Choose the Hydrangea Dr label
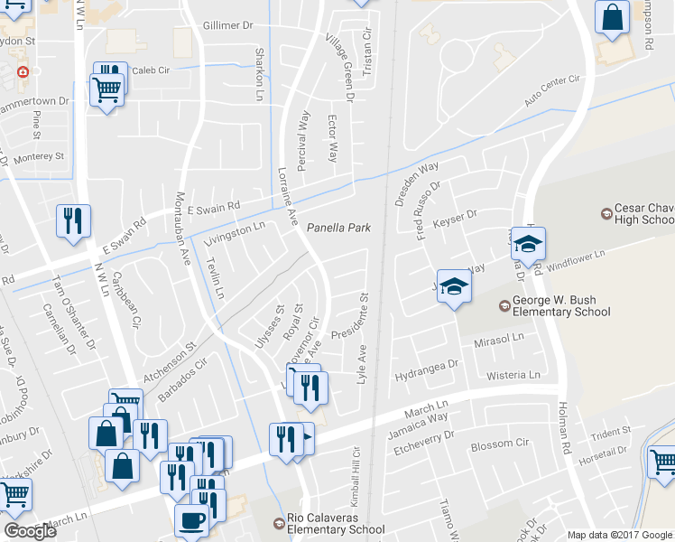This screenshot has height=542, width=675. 427,365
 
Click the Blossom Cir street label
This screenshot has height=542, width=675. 499,444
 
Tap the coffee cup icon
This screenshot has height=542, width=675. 190,522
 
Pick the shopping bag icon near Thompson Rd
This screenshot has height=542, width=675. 612,17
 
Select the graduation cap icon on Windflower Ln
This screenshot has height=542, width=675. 528,244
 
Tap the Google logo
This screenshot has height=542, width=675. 30,531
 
